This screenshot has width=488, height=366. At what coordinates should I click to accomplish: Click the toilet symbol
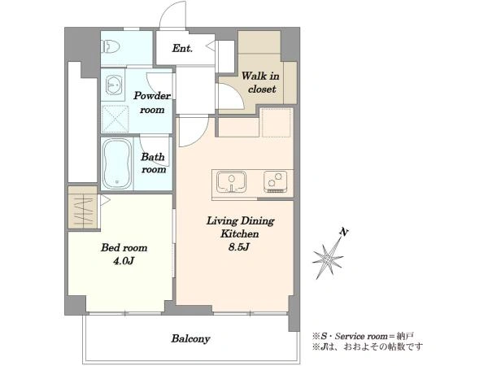(112, 47)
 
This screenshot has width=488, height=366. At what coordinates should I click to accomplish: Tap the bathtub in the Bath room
(117, 163)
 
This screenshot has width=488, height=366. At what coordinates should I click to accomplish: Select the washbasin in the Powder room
(113, 85)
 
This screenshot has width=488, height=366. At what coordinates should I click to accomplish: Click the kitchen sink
(232, 182)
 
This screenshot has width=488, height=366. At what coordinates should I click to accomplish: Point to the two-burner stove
(276, 181)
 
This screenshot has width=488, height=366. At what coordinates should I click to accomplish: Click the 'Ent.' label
(182, 49)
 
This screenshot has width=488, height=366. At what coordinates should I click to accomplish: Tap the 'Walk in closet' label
(261, 82)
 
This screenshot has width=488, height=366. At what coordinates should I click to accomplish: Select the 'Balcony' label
(191, 338)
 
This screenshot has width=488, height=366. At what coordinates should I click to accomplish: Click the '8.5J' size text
(239, 247)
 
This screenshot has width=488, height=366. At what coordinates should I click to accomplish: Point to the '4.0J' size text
(124, 261)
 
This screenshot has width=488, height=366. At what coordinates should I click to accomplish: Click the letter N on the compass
(343, 232)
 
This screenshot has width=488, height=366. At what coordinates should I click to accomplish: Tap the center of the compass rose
(327, 259)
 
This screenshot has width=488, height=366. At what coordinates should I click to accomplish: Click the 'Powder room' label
(152, 102)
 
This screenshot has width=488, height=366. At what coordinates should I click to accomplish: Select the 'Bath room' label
(153, 163)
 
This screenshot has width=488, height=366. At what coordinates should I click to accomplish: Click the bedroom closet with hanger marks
(83, 208)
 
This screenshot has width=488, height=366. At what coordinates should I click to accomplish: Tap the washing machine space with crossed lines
(115, 119)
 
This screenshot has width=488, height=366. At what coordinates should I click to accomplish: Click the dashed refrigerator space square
(277, 122)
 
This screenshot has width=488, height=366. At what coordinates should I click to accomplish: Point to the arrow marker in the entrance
(211, 46)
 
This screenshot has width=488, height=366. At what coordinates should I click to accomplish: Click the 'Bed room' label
(124, 248)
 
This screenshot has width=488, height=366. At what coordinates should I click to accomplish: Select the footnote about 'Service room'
(364, 336)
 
